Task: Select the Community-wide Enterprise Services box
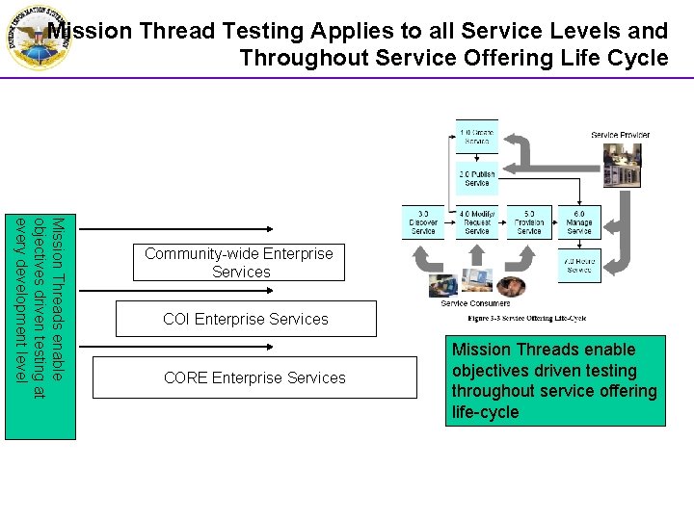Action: pos(238,263)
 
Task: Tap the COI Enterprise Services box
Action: pos(246,319)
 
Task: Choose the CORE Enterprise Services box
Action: pos(254,377)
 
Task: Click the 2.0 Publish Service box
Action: pos(477,178)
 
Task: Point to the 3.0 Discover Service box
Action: pos(423,221)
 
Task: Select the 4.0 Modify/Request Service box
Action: pos(476,221)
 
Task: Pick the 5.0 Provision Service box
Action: pos(529,221)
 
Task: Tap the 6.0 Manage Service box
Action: pos(579,221)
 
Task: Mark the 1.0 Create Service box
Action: pos(477,136)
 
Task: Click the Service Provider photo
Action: pos(622,165)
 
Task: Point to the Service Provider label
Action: pos(620,135)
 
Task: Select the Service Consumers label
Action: pos(475,304)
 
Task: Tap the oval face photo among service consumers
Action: pos(511,286)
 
